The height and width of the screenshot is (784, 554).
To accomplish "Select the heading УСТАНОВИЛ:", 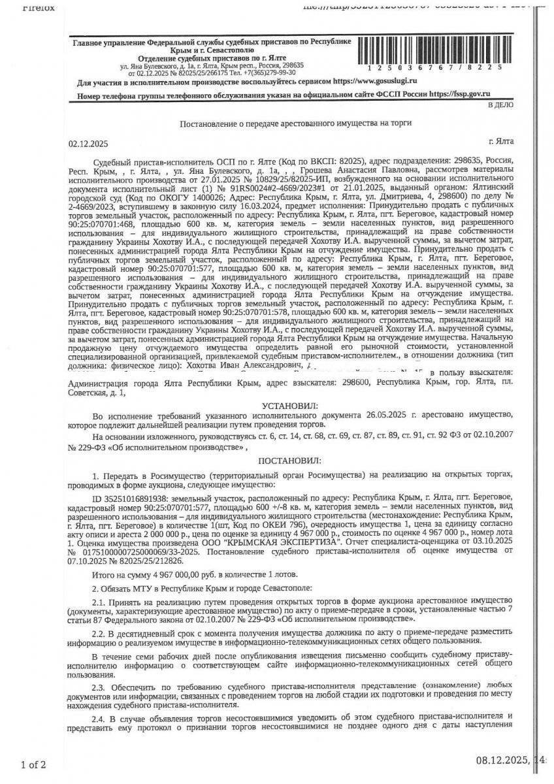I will tap(289, 406).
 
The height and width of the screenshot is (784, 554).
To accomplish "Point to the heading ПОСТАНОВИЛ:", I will tap(289, 461).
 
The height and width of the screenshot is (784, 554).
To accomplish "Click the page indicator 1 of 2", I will tap(33, 764).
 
